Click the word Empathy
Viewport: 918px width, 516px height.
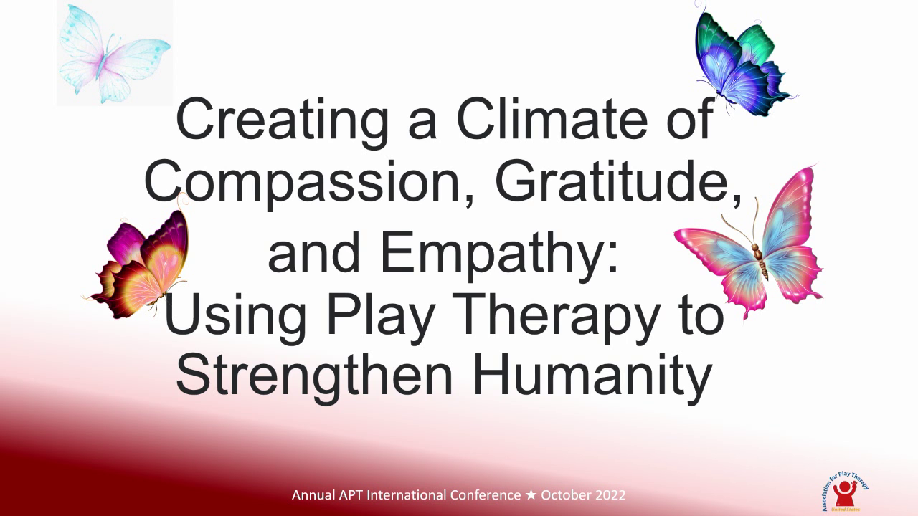pos(502,255)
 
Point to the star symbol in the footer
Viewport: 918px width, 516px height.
pos(531,495)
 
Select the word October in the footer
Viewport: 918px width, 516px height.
pos(564,495)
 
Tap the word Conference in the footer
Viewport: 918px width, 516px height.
pos(486,495)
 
